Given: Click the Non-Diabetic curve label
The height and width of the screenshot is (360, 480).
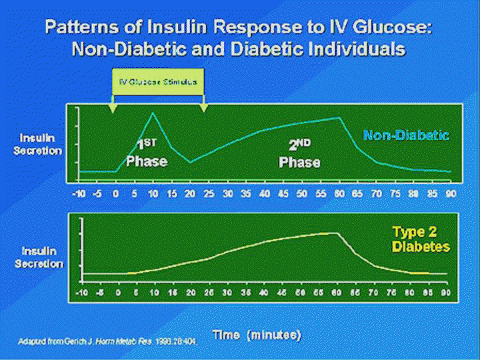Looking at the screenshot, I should (405, 135).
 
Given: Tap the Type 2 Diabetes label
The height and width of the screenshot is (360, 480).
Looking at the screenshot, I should (421, 239).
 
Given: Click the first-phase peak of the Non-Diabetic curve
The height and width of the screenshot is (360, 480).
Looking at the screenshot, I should (153, 113).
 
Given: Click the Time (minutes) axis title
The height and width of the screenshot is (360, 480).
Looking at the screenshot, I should (257, 333).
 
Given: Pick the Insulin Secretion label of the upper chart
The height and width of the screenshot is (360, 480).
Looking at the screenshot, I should (41, 144).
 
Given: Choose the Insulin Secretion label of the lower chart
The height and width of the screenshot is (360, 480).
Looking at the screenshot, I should (41, 257).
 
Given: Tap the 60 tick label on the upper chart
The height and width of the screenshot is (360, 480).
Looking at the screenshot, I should (339, 193).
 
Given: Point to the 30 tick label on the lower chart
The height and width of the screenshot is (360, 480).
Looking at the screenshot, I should (228, 293).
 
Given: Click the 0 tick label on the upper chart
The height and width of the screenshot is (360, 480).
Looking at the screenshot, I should (116, 193).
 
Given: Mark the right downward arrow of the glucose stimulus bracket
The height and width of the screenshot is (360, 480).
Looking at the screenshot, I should (203, 106).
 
